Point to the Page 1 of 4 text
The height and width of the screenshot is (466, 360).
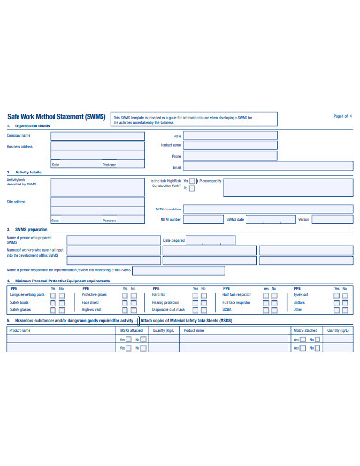(x=341, y=116)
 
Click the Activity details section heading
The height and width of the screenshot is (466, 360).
(x=33, y=173)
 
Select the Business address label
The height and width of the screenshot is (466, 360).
(x=22, y=146)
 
